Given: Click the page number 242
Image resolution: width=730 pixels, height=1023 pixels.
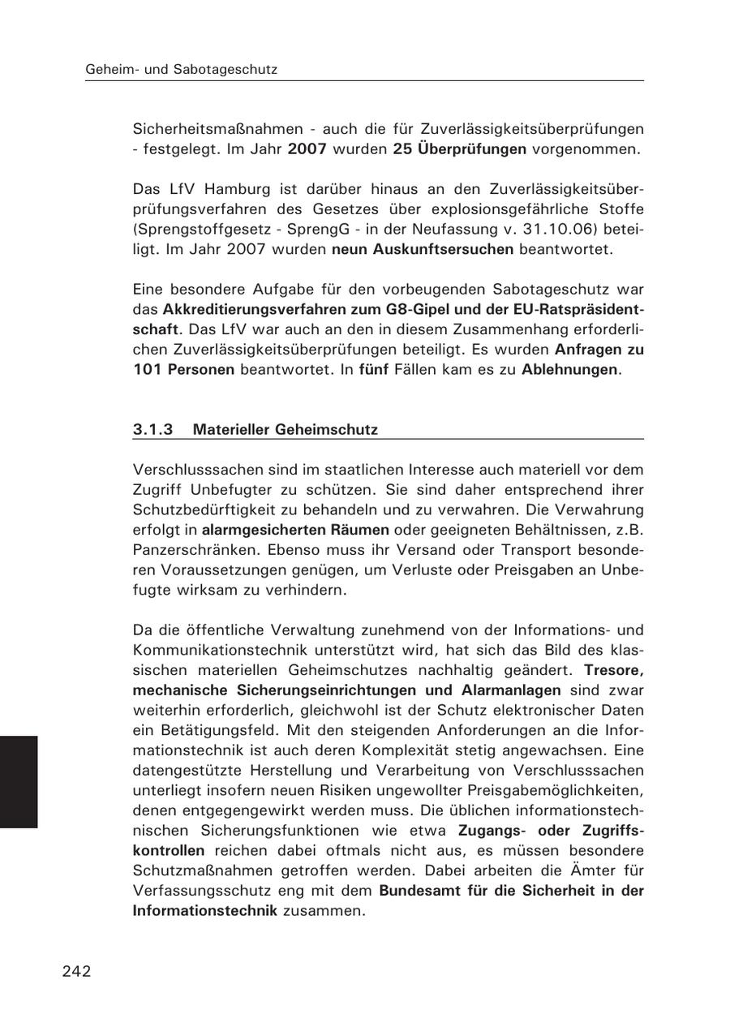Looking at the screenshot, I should click(76, 971).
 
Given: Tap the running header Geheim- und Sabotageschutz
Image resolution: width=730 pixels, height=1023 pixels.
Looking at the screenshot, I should click(181, 70).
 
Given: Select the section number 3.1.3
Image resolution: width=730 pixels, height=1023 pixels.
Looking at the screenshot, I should click(153, 429).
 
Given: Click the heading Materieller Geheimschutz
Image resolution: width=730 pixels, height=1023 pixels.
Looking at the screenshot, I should click(285, 429).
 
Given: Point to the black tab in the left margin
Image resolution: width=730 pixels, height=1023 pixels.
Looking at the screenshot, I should click(18, 781).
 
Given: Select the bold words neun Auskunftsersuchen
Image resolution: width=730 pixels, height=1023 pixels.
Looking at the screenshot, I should click(423, 249).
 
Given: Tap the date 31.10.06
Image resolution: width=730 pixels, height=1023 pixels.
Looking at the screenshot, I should click(559, 230).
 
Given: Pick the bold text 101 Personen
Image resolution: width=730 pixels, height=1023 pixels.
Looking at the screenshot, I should click(183, 370).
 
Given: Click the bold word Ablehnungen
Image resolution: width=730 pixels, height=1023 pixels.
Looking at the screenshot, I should click(570, 370).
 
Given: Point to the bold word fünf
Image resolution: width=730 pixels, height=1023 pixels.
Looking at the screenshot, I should click(374, 370).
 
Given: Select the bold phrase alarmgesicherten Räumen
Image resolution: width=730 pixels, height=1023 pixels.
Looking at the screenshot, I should click(295, 530).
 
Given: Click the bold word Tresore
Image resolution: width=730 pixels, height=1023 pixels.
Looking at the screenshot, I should click(613, 670).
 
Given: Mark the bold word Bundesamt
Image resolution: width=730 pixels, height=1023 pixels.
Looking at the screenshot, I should click(419, 890).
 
